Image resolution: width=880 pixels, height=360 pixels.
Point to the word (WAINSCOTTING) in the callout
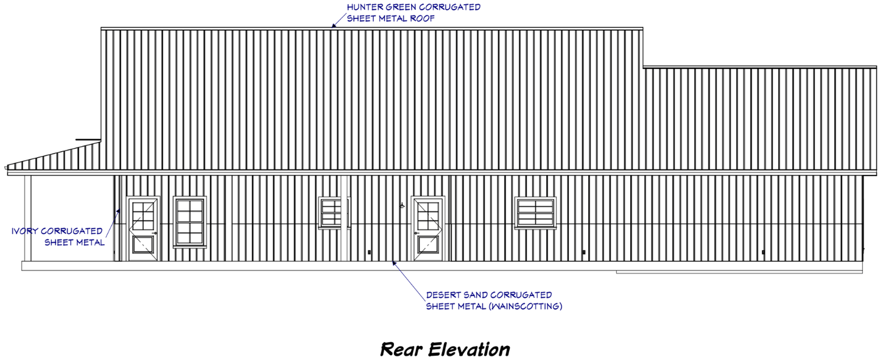point(524,306)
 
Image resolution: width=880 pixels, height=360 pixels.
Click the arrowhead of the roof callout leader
point(334,26)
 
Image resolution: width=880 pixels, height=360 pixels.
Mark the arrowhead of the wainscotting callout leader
point(394,262)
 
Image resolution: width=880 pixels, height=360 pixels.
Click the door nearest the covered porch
point(143,229)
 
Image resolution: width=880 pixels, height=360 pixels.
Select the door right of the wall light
point(428,229)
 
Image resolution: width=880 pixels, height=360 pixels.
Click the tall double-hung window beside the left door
point(189,222)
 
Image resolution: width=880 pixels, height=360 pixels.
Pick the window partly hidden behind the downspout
point(331,213)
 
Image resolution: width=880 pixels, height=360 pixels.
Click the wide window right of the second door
point(535,213)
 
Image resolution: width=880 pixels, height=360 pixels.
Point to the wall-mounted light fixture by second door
point(402,206)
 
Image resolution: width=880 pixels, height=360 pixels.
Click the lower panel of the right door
point(428,246)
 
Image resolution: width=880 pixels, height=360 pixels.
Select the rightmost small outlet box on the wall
point(764,252)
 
